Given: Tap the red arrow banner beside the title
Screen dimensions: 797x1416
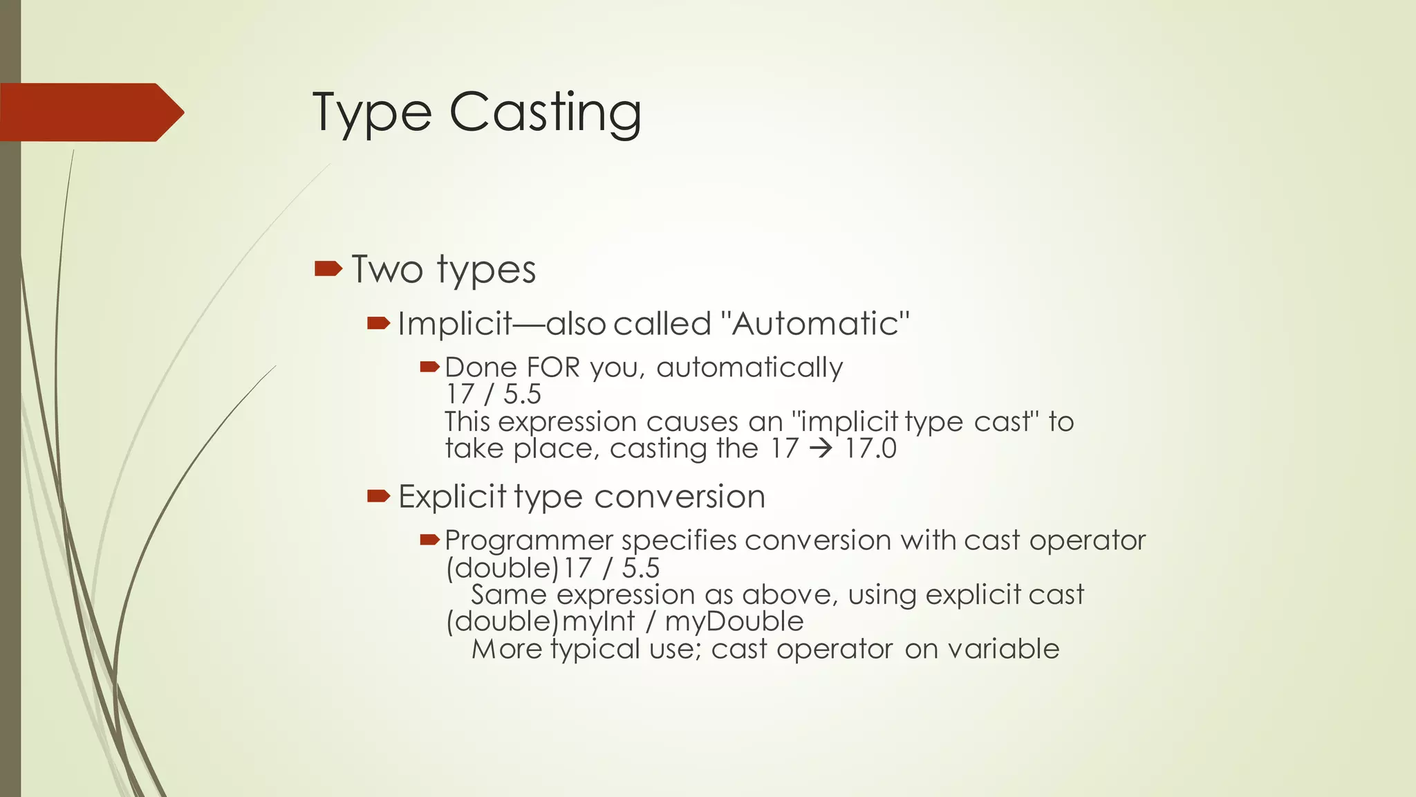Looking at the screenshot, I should [90, 112].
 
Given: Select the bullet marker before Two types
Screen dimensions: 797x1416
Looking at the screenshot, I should [328, 268].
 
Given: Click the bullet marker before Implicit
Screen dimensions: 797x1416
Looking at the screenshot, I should [379, 322].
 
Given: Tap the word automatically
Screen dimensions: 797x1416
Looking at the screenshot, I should [749, 367].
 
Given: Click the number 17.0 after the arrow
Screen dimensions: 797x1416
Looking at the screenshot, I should [870, 449].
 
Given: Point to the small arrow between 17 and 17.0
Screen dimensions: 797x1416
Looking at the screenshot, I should [821, 449].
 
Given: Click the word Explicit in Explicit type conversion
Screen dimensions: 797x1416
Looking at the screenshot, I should [452, 497].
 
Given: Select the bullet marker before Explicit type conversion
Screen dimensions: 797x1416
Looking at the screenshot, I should [379, 495].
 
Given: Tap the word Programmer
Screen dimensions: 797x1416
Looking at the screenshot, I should [529, 541].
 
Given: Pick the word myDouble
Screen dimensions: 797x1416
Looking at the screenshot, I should [734, 622].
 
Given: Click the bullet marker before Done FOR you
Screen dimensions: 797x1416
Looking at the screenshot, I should [430, 366].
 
